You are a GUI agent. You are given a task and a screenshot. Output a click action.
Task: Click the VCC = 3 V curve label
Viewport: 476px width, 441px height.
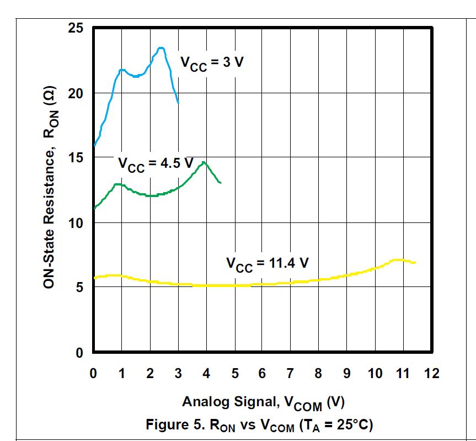point(212,62)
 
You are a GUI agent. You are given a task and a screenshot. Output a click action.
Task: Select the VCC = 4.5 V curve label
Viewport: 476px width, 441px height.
point(156,164)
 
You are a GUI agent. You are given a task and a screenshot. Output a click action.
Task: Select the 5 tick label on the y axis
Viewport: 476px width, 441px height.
point(79,288)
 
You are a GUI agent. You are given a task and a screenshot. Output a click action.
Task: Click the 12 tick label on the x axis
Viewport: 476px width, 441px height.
point(432,374)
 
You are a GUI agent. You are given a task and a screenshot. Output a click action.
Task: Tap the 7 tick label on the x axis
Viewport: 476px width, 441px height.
point(290,374)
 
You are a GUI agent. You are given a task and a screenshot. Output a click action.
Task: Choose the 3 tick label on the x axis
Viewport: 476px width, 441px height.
point(178,374)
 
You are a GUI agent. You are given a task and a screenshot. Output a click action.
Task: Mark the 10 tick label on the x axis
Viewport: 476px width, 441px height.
point(376,374)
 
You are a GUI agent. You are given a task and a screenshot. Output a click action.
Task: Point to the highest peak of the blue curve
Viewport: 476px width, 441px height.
point(161,48)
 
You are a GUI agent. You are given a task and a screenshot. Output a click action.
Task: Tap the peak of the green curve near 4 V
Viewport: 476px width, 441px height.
point(204,162)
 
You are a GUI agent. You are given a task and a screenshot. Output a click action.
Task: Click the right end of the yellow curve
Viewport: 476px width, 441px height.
point(414,262)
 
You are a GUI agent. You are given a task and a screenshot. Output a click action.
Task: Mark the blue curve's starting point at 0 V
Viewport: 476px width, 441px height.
point(94,146)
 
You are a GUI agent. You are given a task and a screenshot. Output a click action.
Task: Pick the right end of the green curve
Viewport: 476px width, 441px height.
point(221,182)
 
